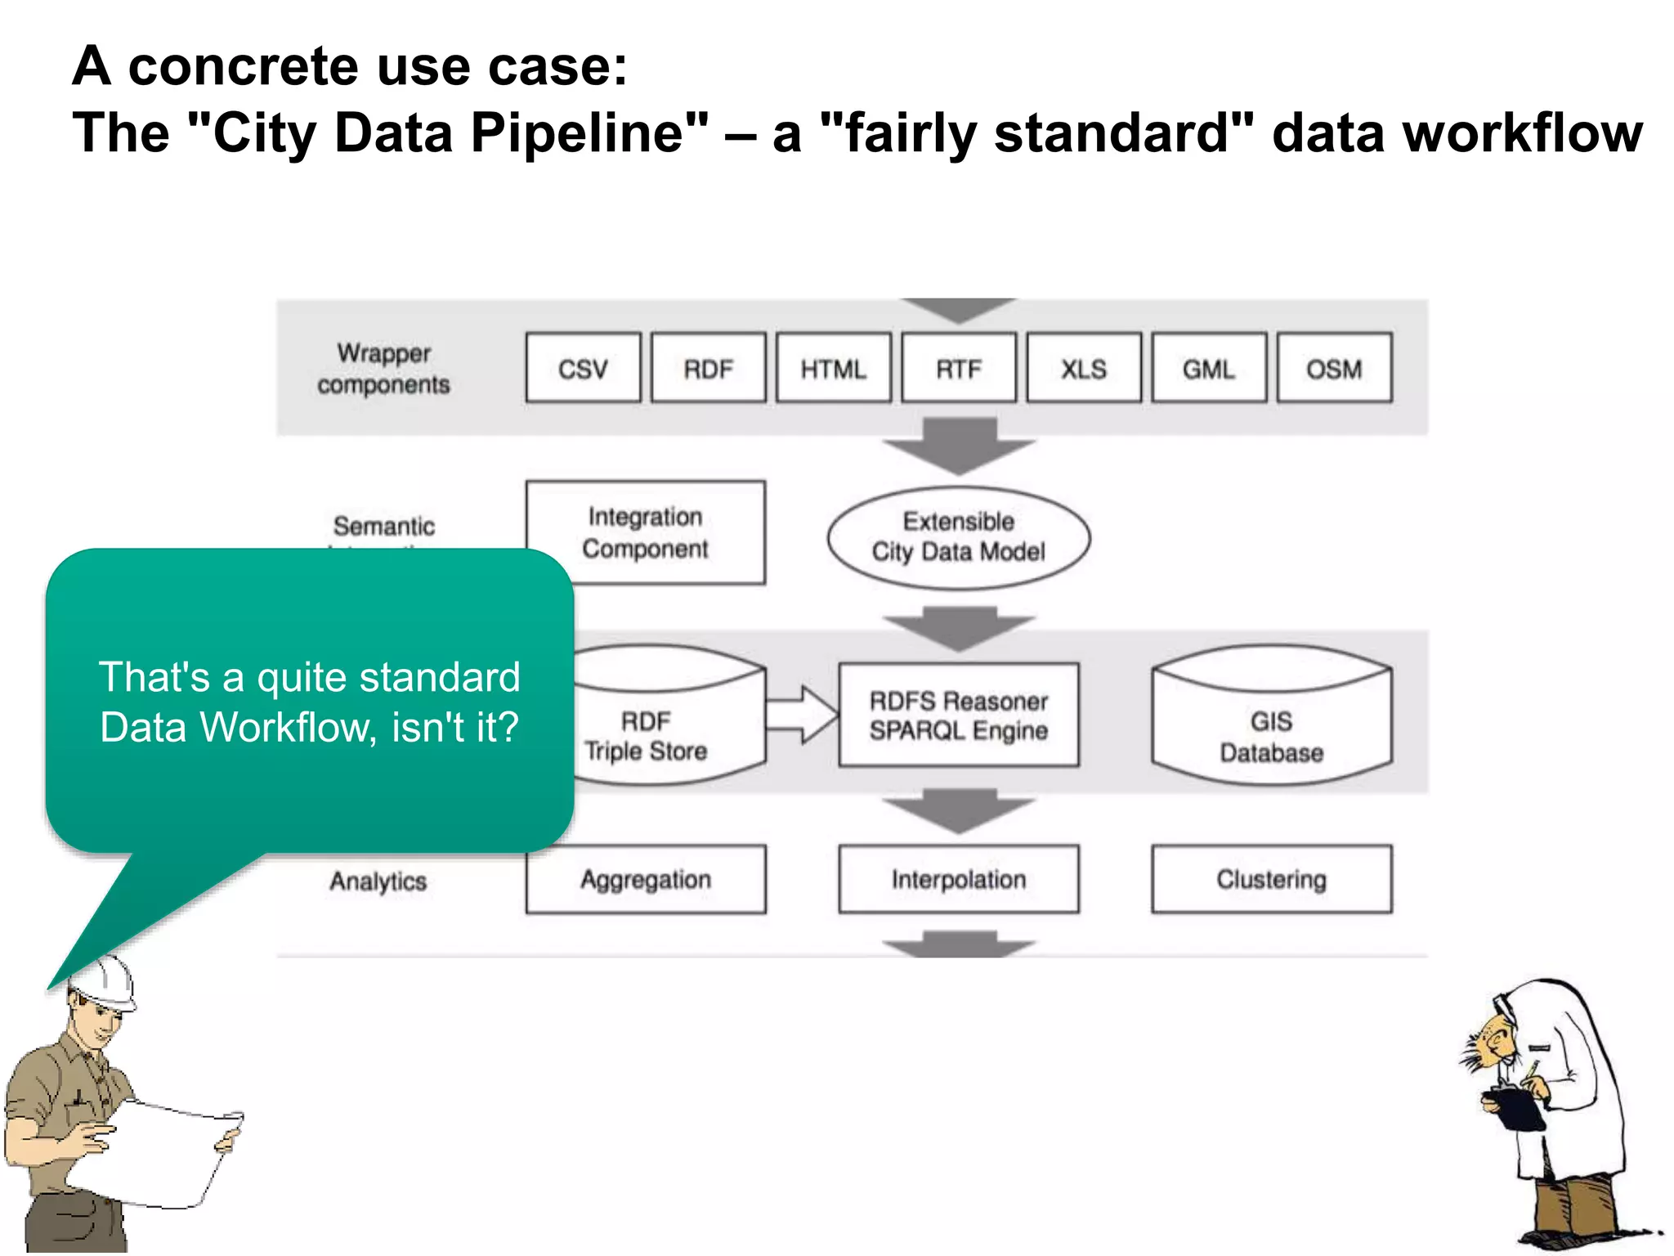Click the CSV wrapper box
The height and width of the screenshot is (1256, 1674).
click(583, 368)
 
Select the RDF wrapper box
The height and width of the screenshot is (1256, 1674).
click(708, 368)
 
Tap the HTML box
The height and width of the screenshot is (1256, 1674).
click(833, 368)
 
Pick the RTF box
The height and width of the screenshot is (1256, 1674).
click(959, 368)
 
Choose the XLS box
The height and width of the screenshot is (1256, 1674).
click(1084, 368)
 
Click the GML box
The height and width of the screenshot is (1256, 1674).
click(1209, 368)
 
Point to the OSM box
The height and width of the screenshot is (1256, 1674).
click(1334, 368)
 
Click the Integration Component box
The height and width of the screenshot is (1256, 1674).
click(646, 532)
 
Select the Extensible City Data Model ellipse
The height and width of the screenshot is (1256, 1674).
click(959, 537)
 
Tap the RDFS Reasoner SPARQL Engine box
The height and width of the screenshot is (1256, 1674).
click(959, 715)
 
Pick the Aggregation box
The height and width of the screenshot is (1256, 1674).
click(646, 879)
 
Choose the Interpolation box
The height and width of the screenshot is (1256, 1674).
click(959, 879)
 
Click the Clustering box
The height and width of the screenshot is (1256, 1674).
click(1271, 879)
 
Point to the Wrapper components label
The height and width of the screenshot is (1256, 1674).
click(383, 368)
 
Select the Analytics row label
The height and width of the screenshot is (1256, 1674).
click(378, 881)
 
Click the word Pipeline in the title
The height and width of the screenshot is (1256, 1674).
click(589, 132)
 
